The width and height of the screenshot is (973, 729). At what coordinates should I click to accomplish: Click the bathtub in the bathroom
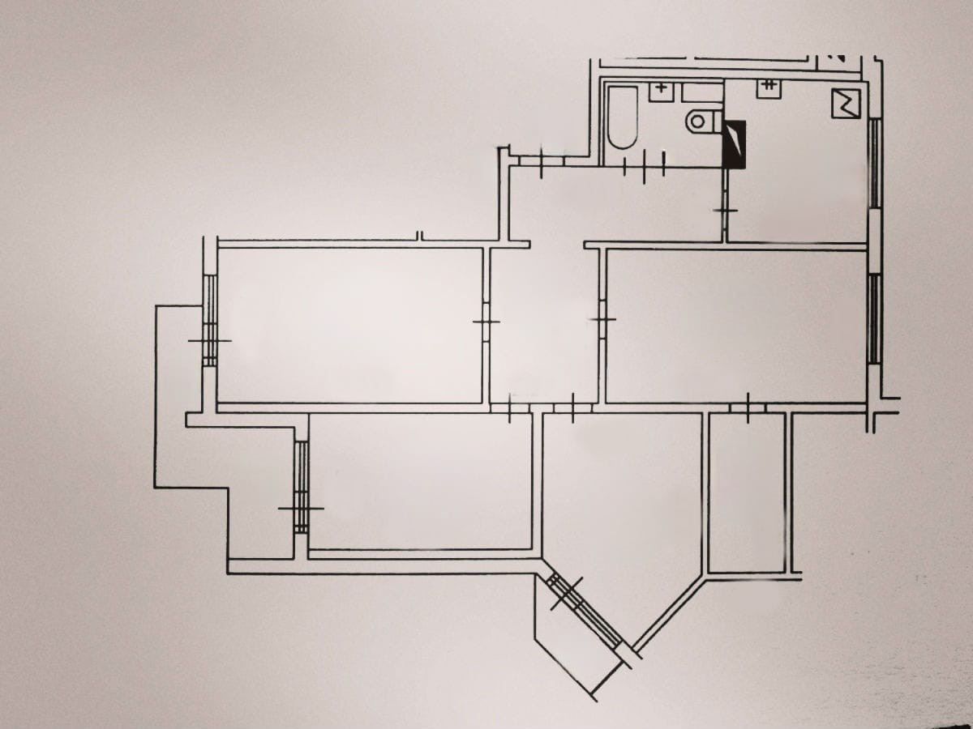[623, 118]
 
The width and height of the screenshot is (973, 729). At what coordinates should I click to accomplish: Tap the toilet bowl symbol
[701, 122]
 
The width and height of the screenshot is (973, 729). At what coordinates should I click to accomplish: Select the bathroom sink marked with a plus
[661, 89]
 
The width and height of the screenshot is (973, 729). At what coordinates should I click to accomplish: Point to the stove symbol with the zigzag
[845, 104]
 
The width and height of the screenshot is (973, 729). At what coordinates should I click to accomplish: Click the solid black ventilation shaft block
[734, 145]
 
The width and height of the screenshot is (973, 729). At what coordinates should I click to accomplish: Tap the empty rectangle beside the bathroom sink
[701, 92]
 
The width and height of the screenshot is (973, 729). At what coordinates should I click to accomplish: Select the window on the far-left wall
[210, 320]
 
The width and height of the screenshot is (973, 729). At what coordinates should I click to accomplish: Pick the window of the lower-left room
[302, 486]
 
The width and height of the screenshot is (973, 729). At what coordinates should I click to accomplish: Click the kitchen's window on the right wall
[874, 162]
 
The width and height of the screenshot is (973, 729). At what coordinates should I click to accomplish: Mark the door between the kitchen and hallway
[726, 211]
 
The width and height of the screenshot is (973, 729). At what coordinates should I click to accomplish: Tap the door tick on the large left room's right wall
[486, 322]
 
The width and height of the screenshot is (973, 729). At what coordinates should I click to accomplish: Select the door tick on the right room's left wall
[602, 320]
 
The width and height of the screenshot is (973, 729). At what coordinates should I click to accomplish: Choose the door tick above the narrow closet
[747, 407]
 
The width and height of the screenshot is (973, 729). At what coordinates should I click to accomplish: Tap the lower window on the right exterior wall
[874, 318]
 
